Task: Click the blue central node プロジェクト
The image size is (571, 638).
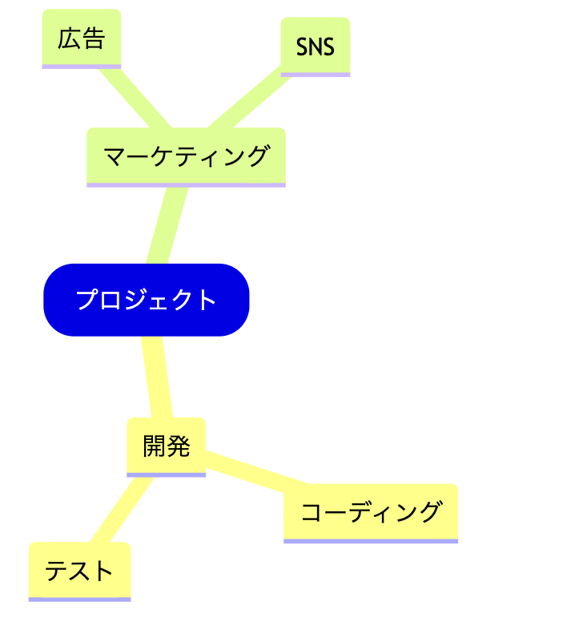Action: pyautogui.click(x=146, y=300)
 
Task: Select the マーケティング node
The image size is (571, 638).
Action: pyautogui.click(x=186, y=156)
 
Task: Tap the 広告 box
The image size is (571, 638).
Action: pyautogui.click(x=81, y=38)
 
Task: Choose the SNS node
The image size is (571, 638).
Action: pyautogui.click(x=316, y=46)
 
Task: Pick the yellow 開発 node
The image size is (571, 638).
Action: pyautogui.click(x=166, y=446)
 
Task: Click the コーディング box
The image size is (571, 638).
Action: pyautogui.click(x=370, y=512)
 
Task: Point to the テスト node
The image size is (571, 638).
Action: pyautogui.click(x=79, y=571)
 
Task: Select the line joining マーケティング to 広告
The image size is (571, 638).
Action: pyautogui.click(x=133, y=98)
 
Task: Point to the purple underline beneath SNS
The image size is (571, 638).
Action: pyautogui.click(x=316, y=75)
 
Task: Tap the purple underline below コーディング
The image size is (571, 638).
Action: pyautogui.click(x=370, y=541)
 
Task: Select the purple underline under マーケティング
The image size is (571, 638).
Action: pyautogui.click(x=186, y=185)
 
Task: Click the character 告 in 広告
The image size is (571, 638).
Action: pyautogui.click(x=93, y=38)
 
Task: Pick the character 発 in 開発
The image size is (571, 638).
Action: pyautogui.click(x=178, y=446)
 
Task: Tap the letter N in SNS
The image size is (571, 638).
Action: pyautogui.click(x=316, y=46)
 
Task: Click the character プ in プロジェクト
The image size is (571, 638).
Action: pyautogui.click(x=86, y=300)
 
